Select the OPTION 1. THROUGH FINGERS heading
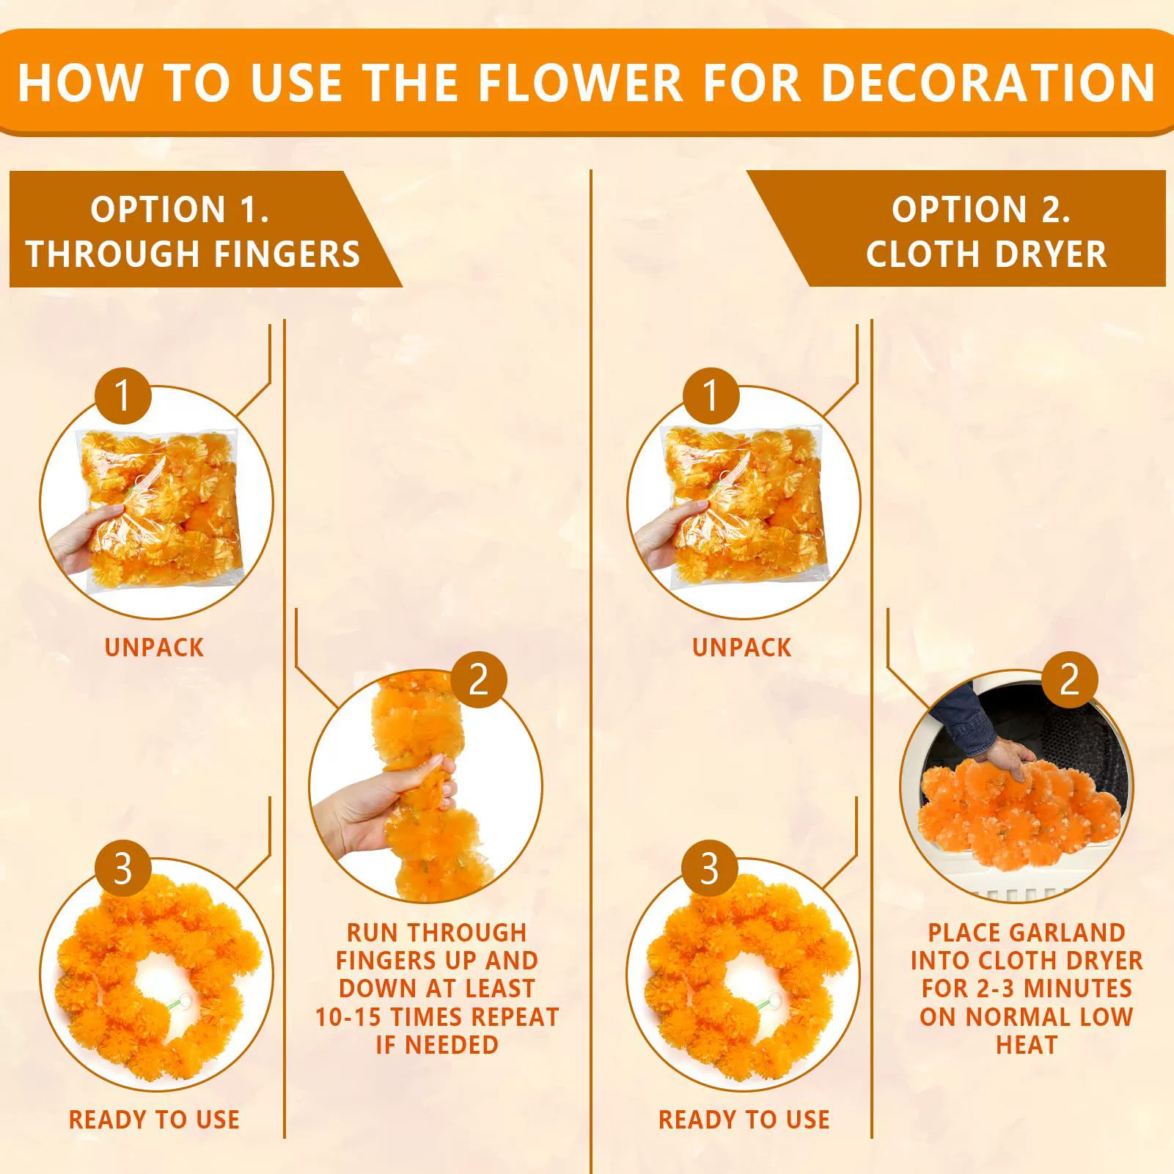(x=193, y=232)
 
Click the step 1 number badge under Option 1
(x=122, y=396)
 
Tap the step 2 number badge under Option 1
(x=479, y=680)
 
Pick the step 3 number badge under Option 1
(x=122, y=868)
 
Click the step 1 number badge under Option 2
(x=709, y=396)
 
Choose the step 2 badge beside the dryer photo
(x=1070, y=680)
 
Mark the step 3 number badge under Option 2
(x=709, y=868)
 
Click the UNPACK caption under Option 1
(x=154, y=647)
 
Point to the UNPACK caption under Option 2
(x=742, y=647)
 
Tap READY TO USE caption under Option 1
(x=154, y=1120)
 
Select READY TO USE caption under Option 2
(x=744, y=1120)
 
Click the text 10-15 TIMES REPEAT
(x=437, y=1017)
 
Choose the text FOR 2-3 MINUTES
(x=1027, y=988)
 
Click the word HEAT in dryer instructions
(x=1027, y=1045)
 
